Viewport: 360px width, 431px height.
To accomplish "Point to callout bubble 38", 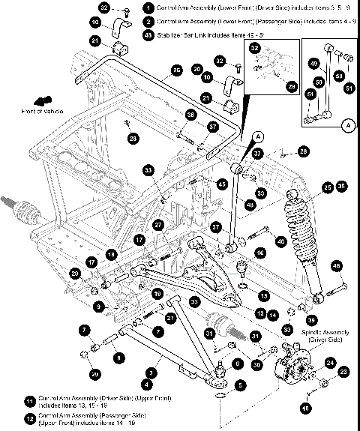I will [x=190, y=115].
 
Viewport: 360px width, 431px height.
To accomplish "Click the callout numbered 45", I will [x=221, y=182].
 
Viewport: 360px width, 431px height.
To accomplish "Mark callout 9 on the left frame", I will [x=98, y=306].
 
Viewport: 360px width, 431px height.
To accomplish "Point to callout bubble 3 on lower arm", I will [x=153, y=372].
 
